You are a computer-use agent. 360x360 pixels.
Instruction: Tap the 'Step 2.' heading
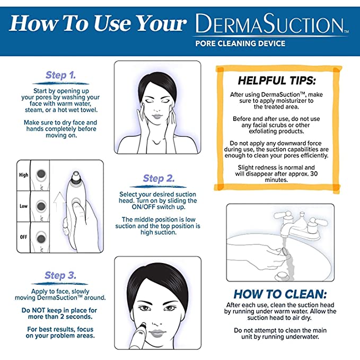[159, 179]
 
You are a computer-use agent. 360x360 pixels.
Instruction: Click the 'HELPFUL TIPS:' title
[276, 81]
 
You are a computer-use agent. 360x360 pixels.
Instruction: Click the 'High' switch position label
[23, 174]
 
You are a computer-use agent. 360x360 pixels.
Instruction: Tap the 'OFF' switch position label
[23, 236]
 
